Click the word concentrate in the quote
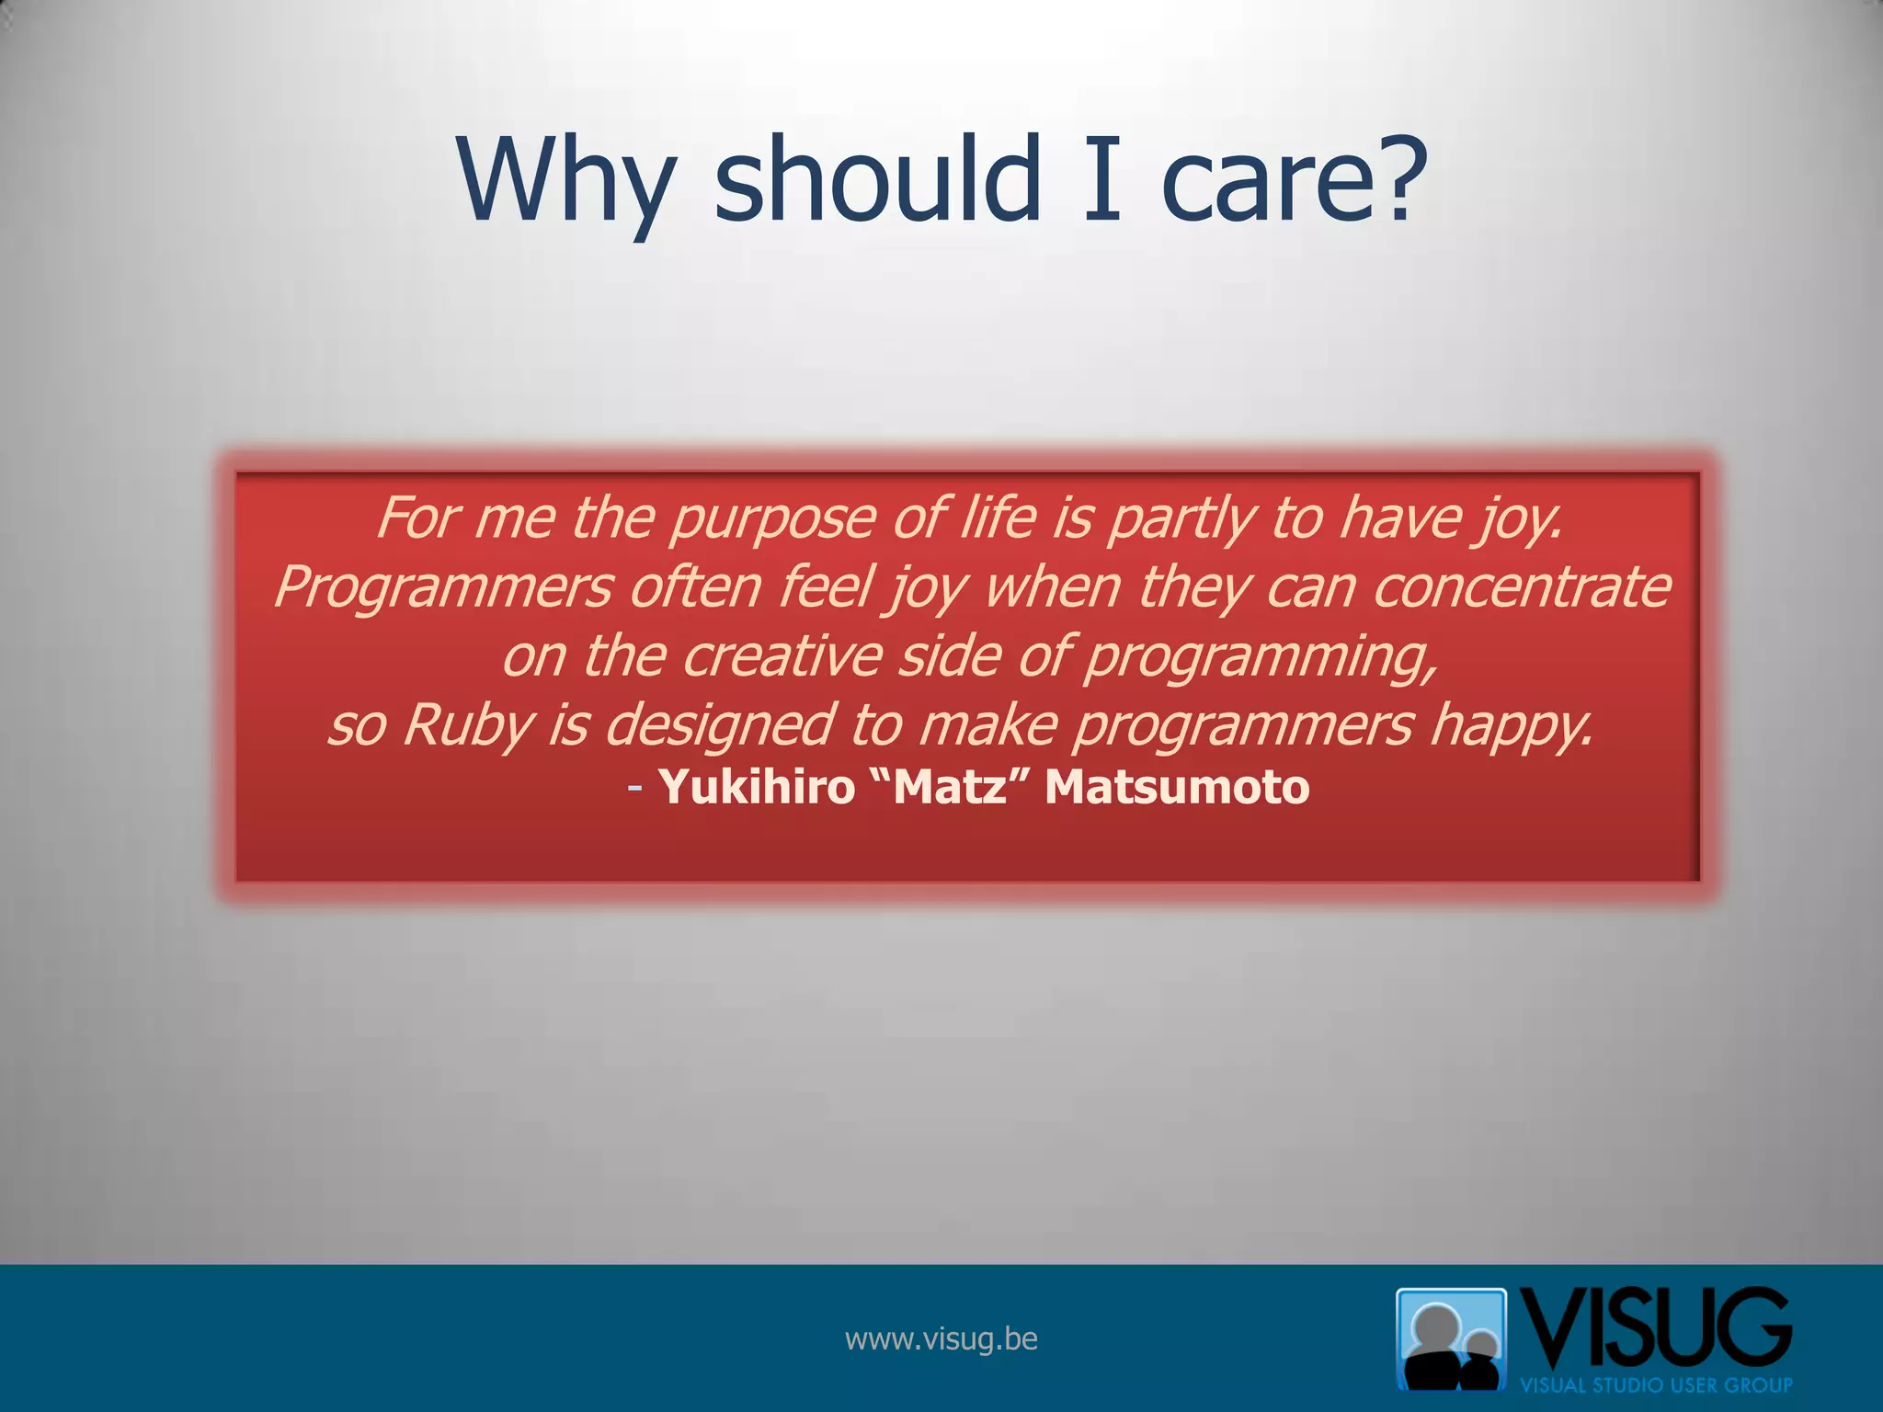click(1522, 587)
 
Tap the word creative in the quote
click(782, 656)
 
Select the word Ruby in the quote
click(467, 725)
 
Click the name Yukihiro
click(757, 787)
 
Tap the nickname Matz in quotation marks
click(950, 787)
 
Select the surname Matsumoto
click(1177, 787)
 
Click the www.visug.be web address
click(941, 1338)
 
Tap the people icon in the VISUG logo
click(1451, 1338)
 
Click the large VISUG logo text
click(1655, 1327)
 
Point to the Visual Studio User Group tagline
click(1655, 1384)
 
